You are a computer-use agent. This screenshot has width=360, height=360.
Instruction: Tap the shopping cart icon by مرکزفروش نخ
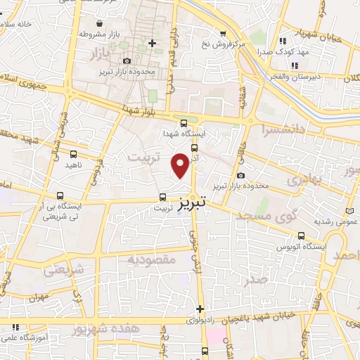click(223, 33)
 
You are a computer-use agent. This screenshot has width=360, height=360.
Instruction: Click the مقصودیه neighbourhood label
click(150, 259)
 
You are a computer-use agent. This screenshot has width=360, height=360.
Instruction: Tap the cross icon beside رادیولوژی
click(200, 309)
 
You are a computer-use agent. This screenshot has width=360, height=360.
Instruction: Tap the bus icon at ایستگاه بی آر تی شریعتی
click(60, 195)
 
